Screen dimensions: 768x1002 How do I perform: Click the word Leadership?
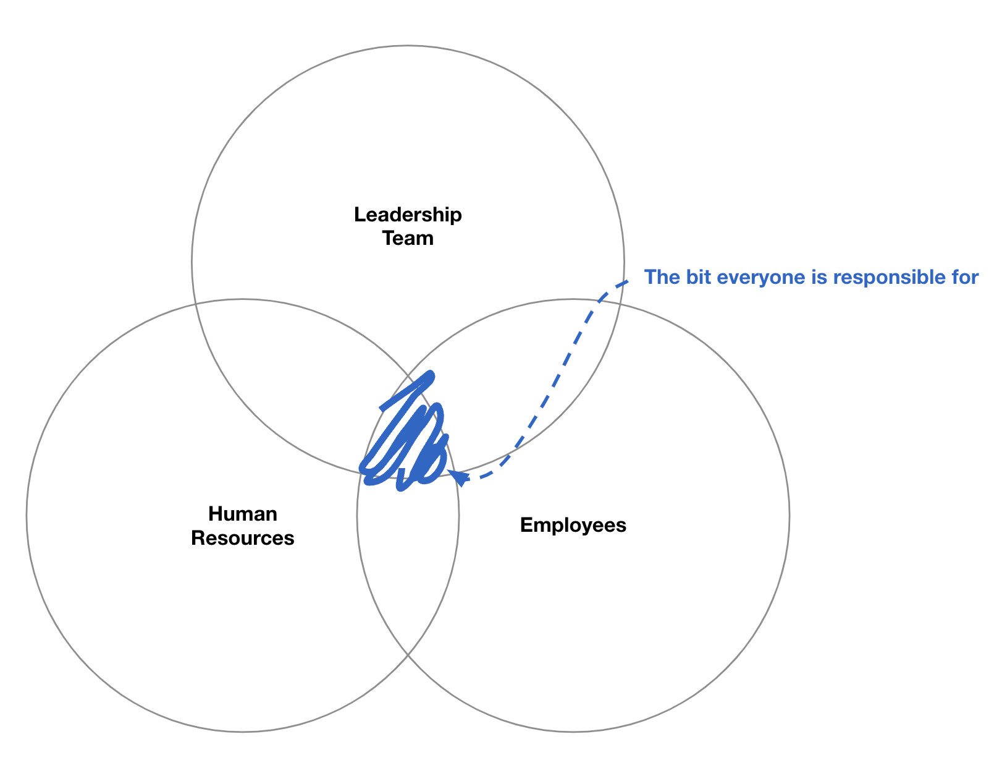[x=408, y=215]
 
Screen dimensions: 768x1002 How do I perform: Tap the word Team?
[x=408, y=238]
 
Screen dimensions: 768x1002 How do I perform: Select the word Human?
[x=243, y=514]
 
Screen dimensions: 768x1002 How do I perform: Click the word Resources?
[x=243, y=538]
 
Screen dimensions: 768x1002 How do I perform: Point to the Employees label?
[x=573, y=525]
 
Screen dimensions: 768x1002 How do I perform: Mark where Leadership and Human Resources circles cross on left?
[x=196, y=304]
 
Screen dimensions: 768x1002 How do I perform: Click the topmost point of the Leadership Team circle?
[x=408, y=45]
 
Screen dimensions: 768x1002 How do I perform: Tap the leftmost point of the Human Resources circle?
[x=27, y=515]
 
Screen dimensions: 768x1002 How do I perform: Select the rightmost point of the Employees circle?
[x=789, y=515]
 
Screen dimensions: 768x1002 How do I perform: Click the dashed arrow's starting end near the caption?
[x=628, y=281]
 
